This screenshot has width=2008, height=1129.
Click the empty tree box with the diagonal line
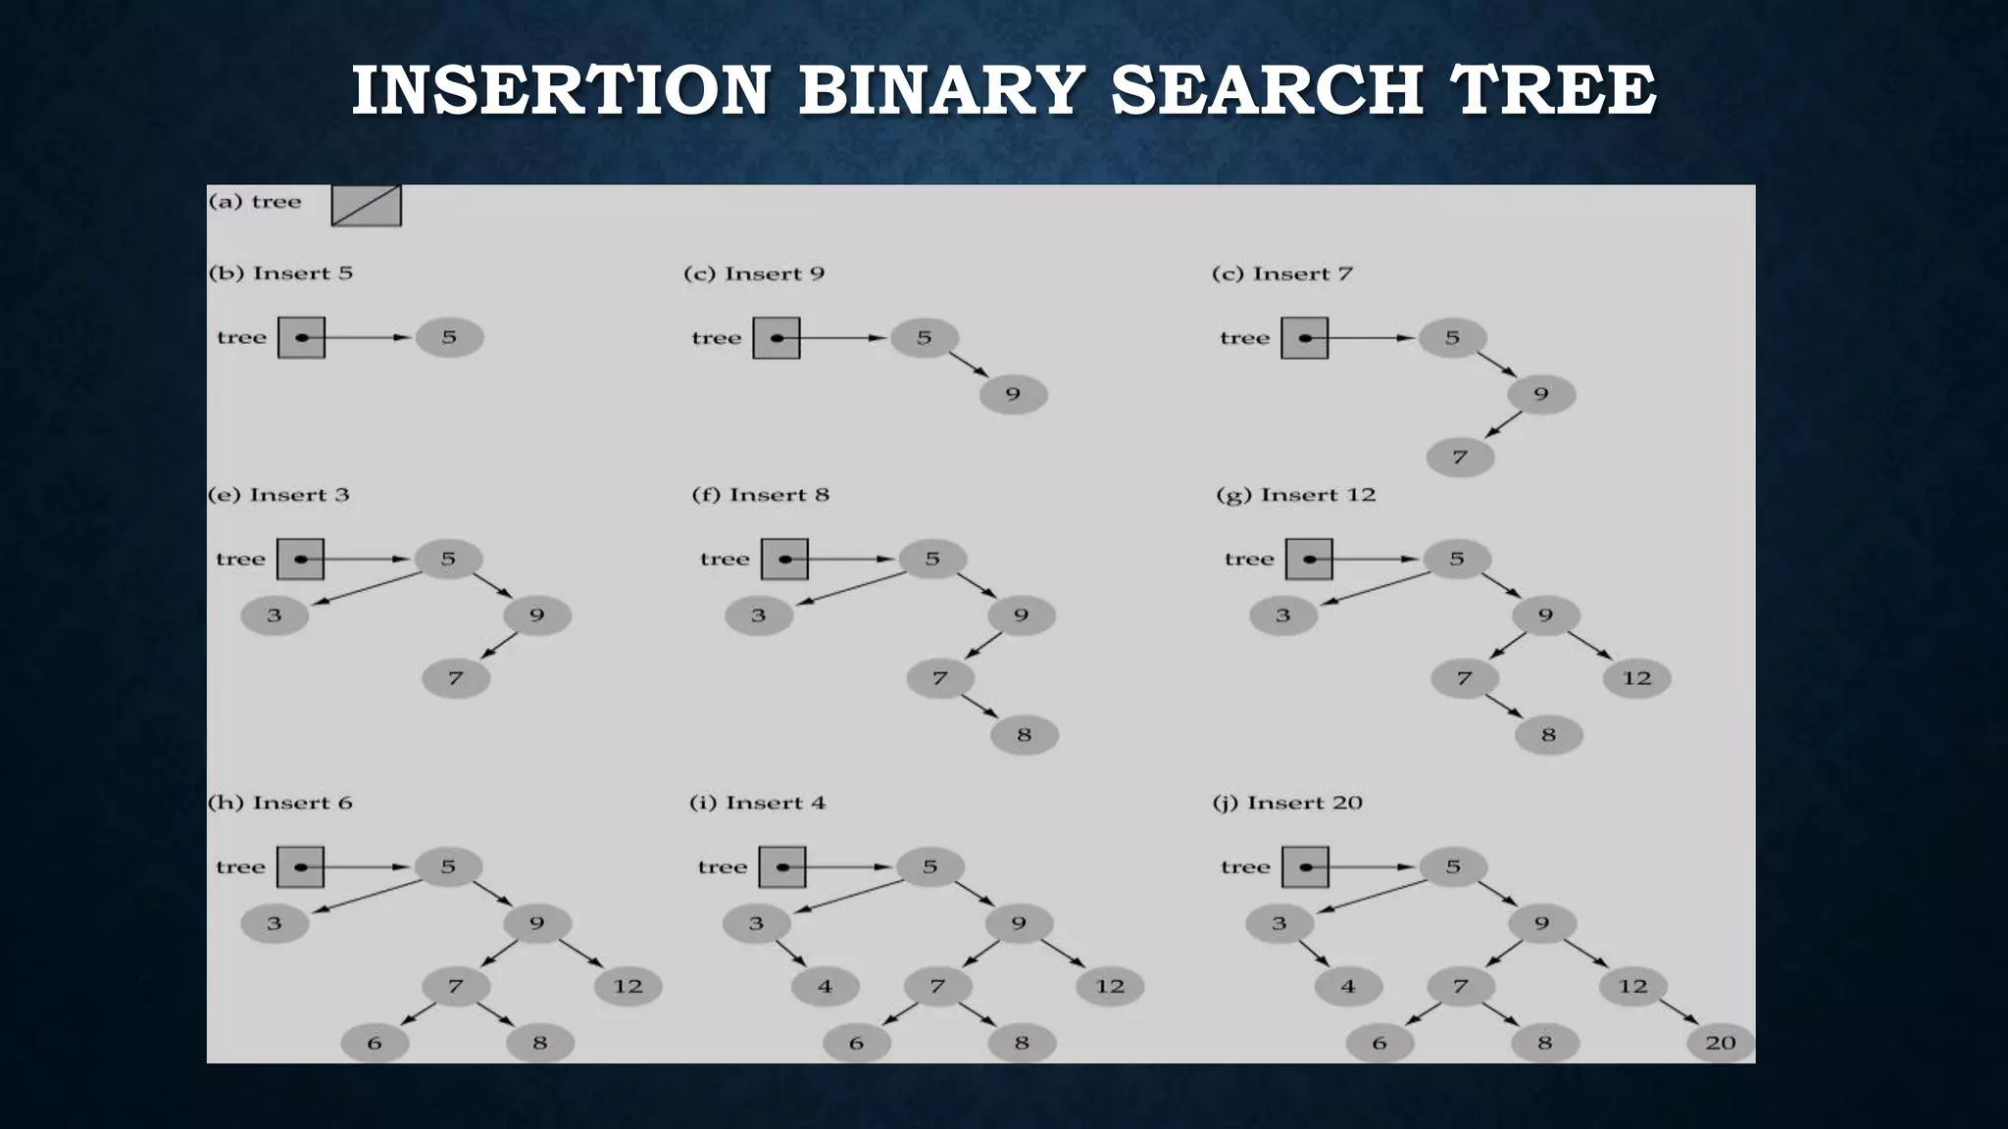coord(366,206)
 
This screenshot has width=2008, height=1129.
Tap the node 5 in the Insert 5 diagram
coord(449,337)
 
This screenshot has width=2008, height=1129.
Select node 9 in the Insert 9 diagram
coord(1013,395)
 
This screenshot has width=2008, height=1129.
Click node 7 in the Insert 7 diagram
coord(1460,458)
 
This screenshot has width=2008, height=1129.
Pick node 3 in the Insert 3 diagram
coord(275,616)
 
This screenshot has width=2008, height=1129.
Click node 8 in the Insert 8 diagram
coord(1024,735)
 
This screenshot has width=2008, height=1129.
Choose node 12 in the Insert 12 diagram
coord(1636,678)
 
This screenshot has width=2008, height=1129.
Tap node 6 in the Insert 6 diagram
coord(375,1044)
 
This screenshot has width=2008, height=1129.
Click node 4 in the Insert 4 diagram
coord(825,987)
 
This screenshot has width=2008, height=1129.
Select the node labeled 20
coord(1721,1044)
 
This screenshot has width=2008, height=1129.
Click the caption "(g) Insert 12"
coord(1295,495)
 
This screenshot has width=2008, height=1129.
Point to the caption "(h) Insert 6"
coord(280,803)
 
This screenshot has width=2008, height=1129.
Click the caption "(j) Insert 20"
coord(1287,803)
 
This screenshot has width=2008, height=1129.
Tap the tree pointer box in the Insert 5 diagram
coord(301,337)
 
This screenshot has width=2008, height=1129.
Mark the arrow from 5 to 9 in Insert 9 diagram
coord(969,365)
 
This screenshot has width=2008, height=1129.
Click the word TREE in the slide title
coord(1552,89)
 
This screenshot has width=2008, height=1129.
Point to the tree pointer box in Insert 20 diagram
coord(1305,867)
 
